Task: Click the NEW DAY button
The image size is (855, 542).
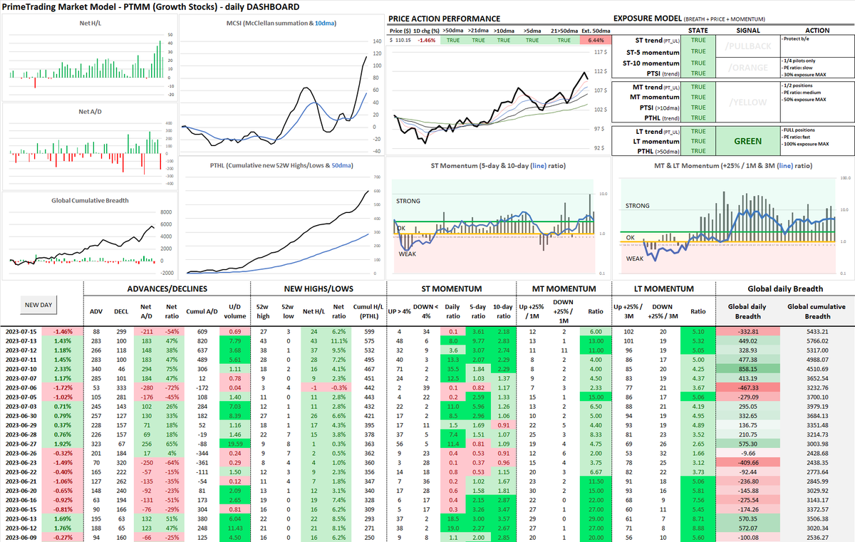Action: click(x=41, y=304)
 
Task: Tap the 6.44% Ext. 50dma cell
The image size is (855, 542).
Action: click(x=596, y=41)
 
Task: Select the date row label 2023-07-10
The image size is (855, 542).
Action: click(x=22, y=368)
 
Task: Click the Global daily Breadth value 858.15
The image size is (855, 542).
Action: click(x=748, y=368)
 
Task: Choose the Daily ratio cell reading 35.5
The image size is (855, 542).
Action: click(x=451, y=368)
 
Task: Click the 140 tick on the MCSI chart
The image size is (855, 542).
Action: click(x=378, y=42)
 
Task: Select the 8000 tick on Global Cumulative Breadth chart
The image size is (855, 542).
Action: click(x=165, y=212)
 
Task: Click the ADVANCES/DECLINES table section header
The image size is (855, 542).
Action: click(x=167, y=288)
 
